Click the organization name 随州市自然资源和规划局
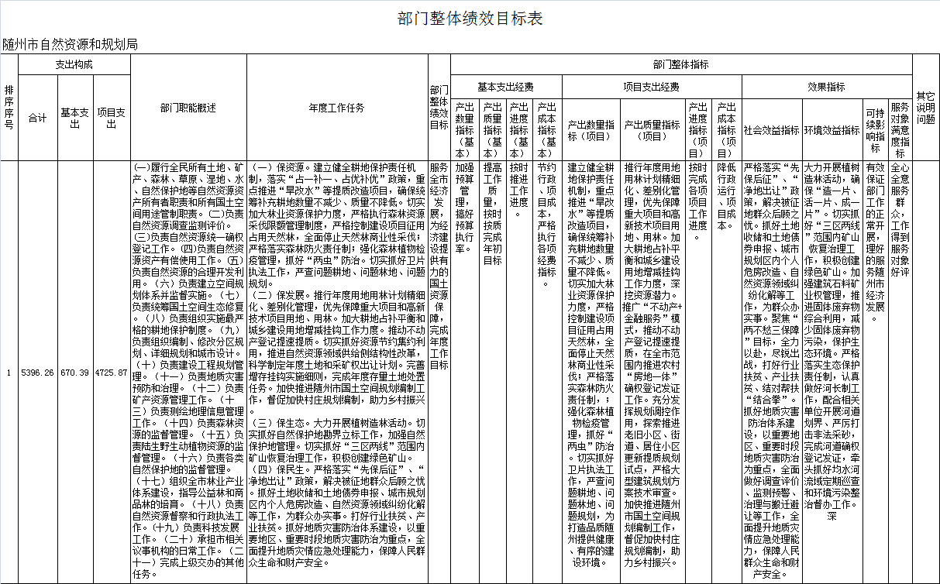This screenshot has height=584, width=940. [x=70, y=44]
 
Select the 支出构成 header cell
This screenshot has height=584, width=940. [x=74, y=65]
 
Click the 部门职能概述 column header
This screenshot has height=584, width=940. [x=188, y=108]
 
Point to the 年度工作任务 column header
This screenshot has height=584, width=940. [x=336, y=108]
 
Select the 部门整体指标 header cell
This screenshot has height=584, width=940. [x=680, y=65]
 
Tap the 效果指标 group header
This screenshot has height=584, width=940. [x=826, y=87]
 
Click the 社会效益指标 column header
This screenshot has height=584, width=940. [x=771, y=130]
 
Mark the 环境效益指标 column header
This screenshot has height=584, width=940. [x=832, y=130]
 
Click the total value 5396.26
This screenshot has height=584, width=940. [x=37, y=373]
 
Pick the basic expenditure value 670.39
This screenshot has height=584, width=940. [x=74, y=373]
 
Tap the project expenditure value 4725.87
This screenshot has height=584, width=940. [x=111, y=373]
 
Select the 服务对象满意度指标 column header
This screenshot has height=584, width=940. [x=900, y=129]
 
